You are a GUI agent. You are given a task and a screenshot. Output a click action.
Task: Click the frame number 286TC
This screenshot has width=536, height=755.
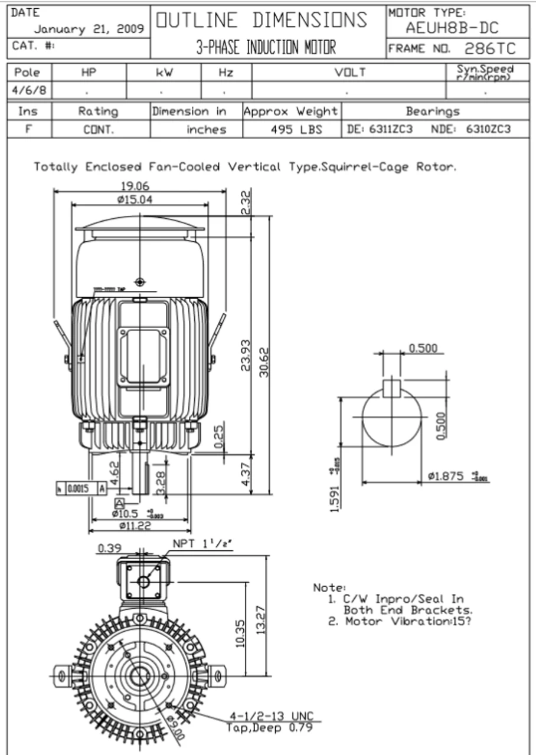pyautogui.click(x=490, y=48)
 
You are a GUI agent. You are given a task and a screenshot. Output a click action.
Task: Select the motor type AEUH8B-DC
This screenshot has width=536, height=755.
pyautogui.click(x=452, y=28)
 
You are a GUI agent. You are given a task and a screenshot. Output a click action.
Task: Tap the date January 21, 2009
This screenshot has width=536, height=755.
pyautogui.click(x=89, y=29)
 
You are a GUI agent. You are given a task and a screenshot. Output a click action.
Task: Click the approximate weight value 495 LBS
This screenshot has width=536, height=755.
pyautogui.click(x=296, y=130)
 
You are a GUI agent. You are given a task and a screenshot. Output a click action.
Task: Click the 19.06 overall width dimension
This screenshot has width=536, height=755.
pyautogui.click(x=135, y=186)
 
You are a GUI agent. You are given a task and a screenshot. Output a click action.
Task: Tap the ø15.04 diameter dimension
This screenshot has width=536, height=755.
pyautogui.click(x=135, y=199)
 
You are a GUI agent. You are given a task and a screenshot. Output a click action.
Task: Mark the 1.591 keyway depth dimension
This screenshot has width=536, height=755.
pyautogui.click(x=335, y=499)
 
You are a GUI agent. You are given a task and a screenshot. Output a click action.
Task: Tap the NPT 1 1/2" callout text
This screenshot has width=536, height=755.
pyautogui.click(x=202, y=544)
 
